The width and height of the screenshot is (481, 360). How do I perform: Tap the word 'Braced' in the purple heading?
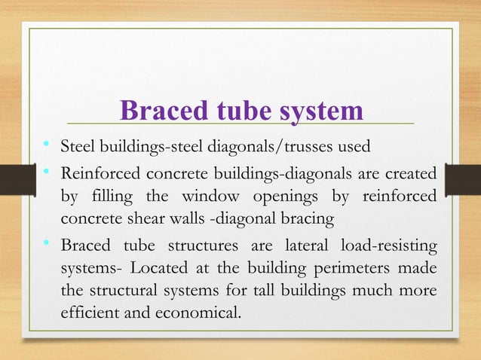point(157,111)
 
